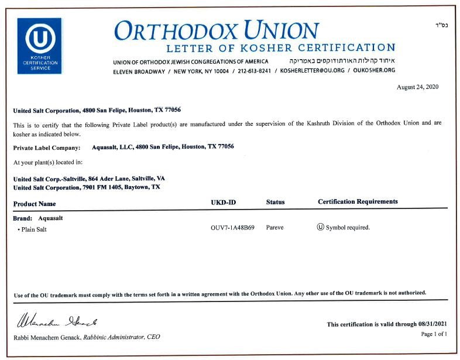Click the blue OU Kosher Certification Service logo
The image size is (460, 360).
(x=39, y=46)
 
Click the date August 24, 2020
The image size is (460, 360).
(x=417, y=87)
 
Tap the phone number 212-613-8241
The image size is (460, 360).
(x=255, y=71)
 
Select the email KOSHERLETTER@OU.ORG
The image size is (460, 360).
(x=312, y=71)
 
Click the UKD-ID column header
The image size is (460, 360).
(x=223, y=203)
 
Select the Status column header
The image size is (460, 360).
(x=275, y=203)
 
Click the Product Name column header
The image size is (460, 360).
(x=35, y=204)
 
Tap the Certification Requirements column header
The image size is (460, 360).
(x=358, y=202)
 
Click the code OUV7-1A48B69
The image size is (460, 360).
(x=232, y=228)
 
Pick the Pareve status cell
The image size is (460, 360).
(x=274, y=228)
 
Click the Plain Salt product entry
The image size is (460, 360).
(x=33, y=229)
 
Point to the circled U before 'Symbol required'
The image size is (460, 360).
(x=320, y=227)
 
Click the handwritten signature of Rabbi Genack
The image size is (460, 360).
(x=56, y=321)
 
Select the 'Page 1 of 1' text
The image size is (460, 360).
(x=434, y=334)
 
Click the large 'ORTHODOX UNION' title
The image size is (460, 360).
(x=217, y=30)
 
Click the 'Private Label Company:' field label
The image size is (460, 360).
(x=46, y=148)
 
